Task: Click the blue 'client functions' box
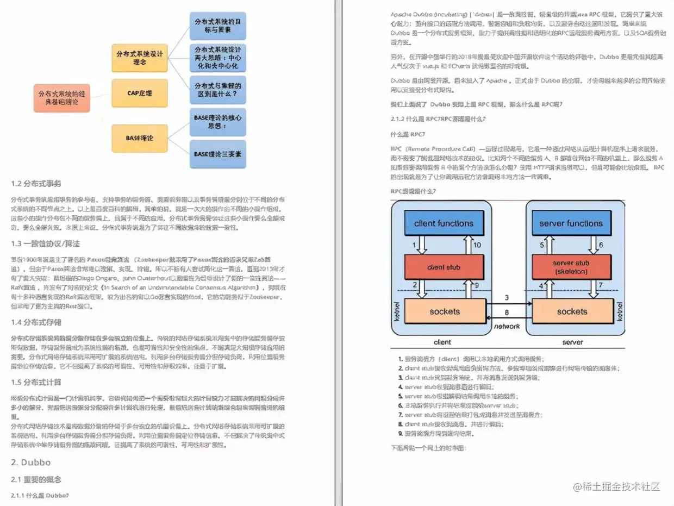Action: point(444,223)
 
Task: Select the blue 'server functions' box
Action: point(571,223)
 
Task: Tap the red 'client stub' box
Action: point(444,267)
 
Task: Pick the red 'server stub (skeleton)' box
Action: point(571,267)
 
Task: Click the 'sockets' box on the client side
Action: point(444,311)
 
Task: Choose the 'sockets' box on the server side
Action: point(572,311)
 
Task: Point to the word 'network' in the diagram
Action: point(507,327)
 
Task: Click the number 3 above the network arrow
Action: point(507,297)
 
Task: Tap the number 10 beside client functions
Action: point(477,245)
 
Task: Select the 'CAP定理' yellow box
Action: point(139,93)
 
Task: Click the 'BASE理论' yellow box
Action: point(139,138)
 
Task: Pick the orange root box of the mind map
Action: point(61,98)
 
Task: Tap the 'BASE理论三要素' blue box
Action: point(217,154)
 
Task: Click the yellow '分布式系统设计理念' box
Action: point(139,58)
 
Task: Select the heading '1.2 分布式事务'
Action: point(36,184)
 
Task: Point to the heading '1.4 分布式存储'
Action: point(36,322)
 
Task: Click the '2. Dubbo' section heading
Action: point(30,462)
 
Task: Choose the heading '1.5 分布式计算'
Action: point(36,382)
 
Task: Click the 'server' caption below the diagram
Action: point(572,342)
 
